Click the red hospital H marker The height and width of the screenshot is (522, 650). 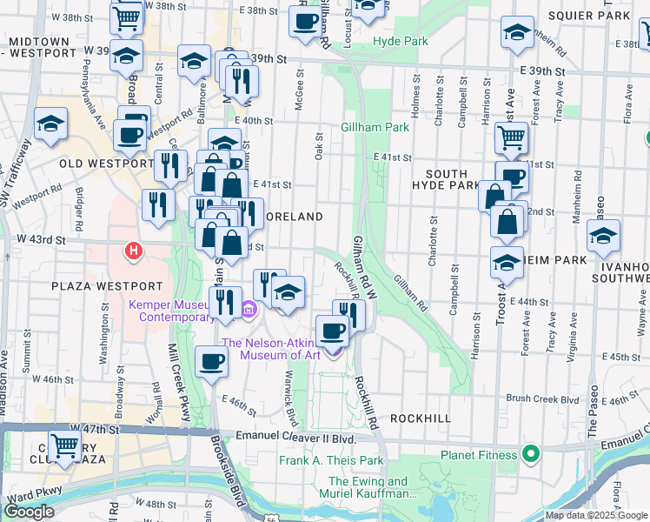[133, 251]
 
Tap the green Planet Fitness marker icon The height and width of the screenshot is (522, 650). [528, 454]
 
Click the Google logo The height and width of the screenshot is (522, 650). [28, 512]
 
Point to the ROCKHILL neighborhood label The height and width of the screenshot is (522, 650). [421, 418]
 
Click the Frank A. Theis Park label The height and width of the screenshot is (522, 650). [331, 460]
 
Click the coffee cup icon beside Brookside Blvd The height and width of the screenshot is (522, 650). [211, 361]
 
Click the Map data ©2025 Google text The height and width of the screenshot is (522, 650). [595, 515]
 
